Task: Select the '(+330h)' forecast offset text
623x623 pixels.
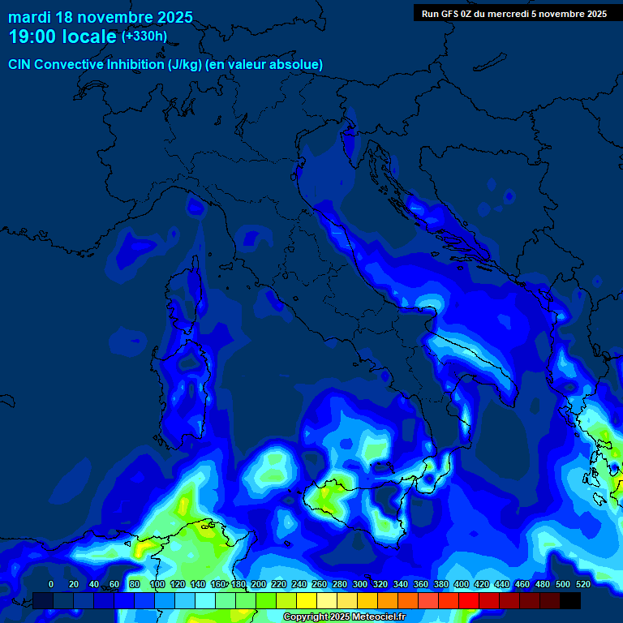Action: (x=144, y=37)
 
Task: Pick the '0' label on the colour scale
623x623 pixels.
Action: (x=51, y=584)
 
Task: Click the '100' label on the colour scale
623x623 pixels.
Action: (x=157, y=584)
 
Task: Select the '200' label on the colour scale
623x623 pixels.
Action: (x=259, y=584)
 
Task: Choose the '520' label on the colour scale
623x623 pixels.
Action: (x=582, y=584)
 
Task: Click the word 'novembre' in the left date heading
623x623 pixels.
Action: (x=114, y=17)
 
